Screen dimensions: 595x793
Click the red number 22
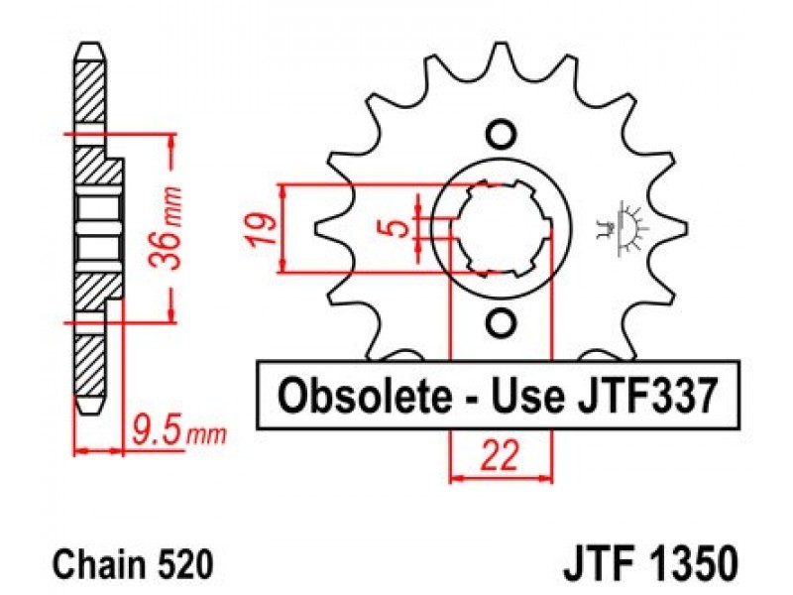[x=502, y=457]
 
